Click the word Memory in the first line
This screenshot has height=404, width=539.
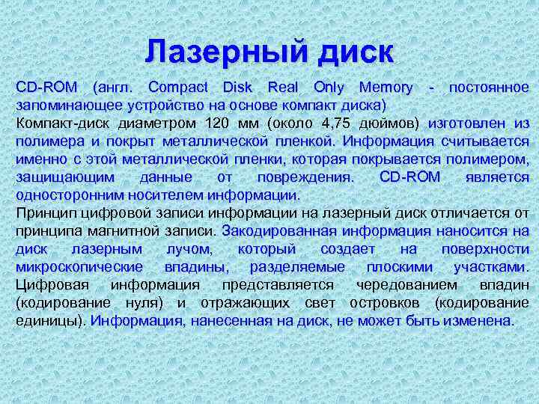[385, 87]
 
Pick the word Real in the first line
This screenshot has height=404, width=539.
[282, 87]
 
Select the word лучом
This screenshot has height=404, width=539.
[189, 249]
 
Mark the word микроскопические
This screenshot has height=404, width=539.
[80, 267]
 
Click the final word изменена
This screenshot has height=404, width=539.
[481, 321]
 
